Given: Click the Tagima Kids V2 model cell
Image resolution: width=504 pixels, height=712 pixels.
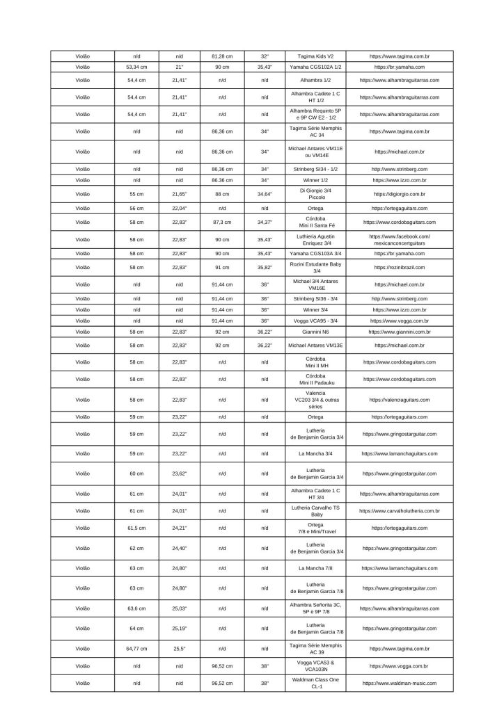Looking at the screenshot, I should click(315, 56).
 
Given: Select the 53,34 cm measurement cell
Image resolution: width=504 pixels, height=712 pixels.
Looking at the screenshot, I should click(136, 67).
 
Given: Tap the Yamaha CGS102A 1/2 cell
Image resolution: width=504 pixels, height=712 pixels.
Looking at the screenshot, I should click(315, 67).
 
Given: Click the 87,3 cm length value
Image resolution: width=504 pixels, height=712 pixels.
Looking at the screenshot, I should click(222, 222).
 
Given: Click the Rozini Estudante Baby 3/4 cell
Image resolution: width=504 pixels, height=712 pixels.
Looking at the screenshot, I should click(315, 268).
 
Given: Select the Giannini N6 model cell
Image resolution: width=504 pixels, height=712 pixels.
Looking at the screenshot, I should click(315, 332).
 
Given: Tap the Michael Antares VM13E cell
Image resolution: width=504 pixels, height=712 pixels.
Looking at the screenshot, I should click(315, 345).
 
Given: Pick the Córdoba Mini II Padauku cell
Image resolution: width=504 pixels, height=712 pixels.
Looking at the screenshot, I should click(315, 379).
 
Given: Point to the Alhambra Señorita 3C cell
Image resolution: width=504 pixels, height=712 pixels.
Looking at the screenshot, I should click(315, 608).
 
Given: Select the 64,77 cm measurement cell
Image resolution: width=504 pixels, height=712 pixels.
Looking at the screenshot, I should click(136, 649).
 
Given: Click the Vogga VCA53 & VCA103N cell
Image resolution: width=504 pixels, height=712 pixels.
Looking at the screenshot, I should click(315, 666).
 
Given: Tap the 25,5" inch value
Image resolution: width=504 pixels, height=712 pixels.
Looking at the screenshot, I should click(179, 649).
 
